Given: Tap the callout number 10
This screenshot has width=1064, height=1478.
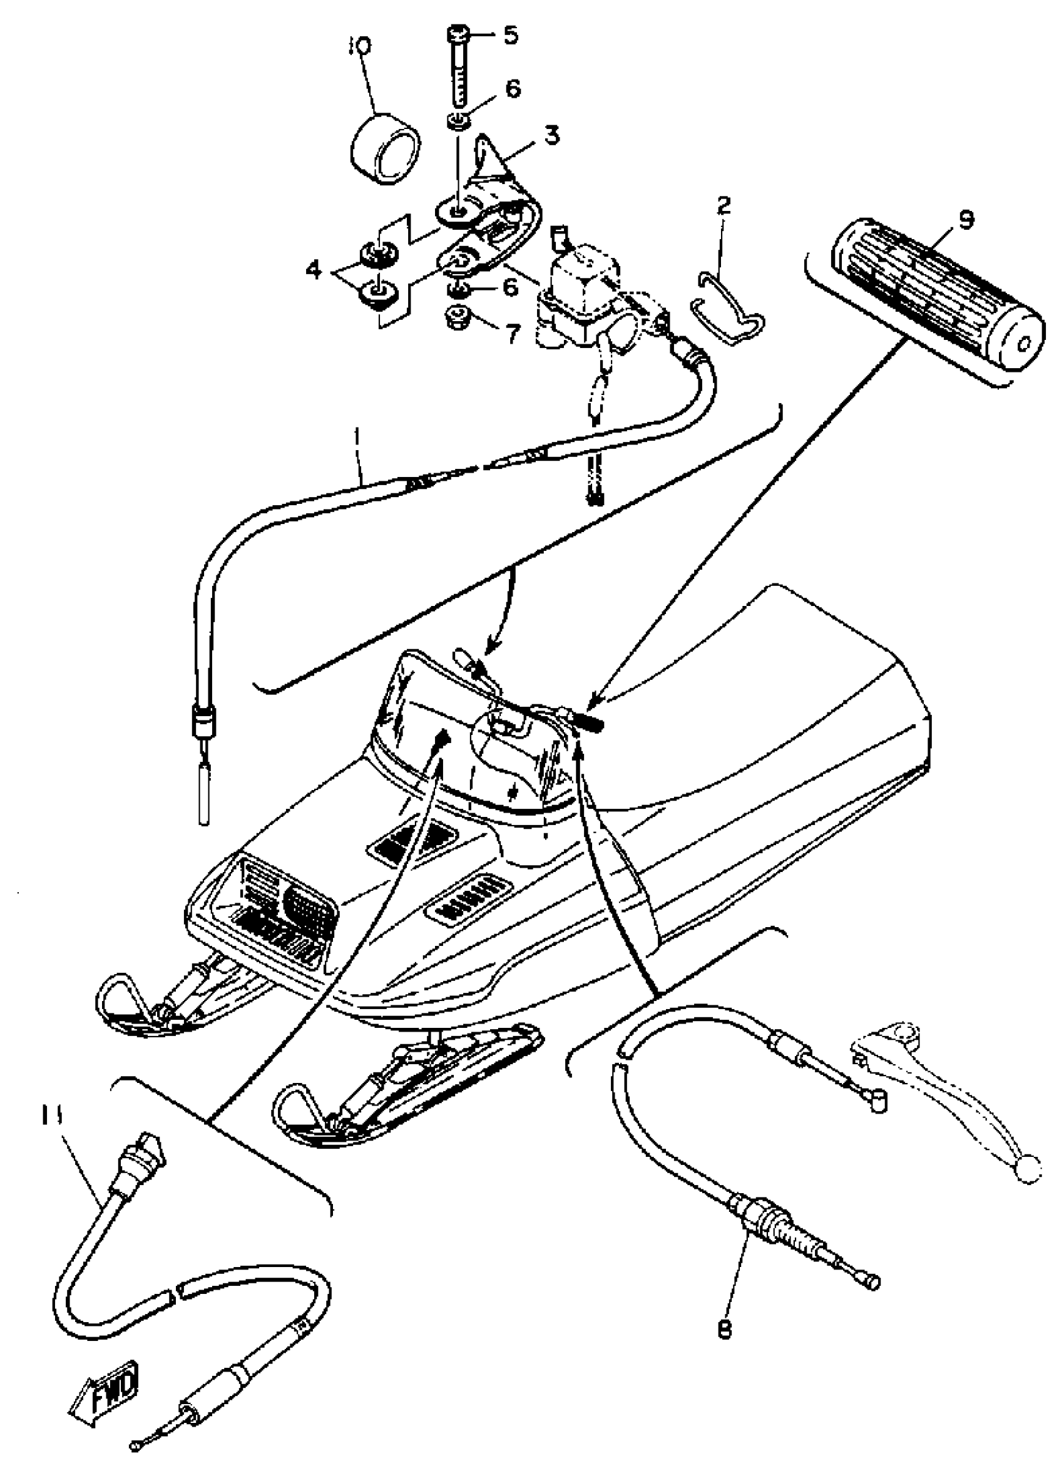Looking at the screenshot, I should point(360,46).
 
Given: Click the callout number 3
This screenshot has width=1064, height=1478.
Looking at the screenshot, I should point(552,137).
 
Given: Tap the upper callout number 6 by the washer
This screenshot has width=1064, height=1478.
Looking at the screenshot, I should point(513,90).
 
